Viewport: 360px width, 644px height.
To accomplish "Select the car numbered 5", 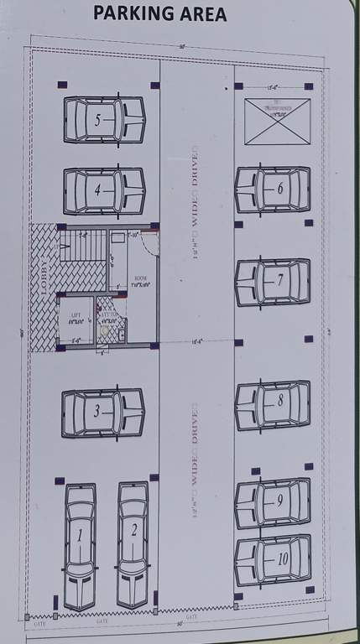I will point(104,120).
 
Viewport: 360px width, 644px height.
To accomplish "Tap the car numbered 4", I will point(104,190).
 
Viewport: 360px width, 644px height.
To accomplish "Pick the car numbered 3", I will point(103,412).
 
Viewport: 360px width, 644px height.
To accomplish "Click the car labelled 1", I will point(81,545).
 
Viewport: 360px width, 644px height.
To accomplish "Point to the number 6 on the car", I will point(279,189).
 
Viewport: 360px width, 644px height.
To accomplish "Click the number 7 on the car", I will point(280,281).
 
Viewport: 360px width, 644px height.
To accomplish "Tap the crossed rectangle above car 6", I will point(277,121).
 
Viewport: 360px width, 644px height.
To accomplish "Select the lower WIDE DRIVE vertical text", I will point(195,466).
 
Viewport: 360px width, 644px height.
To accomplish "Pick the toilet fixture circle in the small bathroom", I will point(103,333).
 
